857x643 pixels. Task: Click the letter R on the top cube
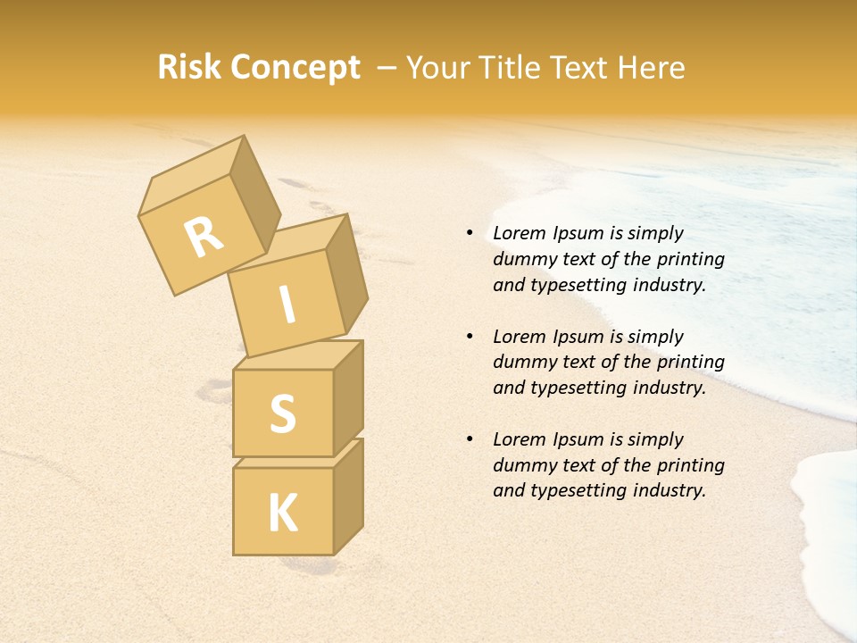[204, 237]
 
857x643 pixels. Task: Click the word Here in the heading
[650, 68]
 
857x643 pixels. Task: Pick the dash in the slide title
[387, 69]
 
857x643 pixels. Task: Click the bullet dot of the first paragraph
[470, 233]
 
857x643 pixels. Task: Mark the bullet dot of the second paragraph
[470, 337]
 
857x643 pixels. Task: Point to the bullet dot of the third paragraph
[470, 439]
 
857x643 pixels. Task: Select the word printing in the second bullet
[691, 363]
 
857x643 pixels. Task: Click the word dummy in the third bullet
[520, 465]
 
